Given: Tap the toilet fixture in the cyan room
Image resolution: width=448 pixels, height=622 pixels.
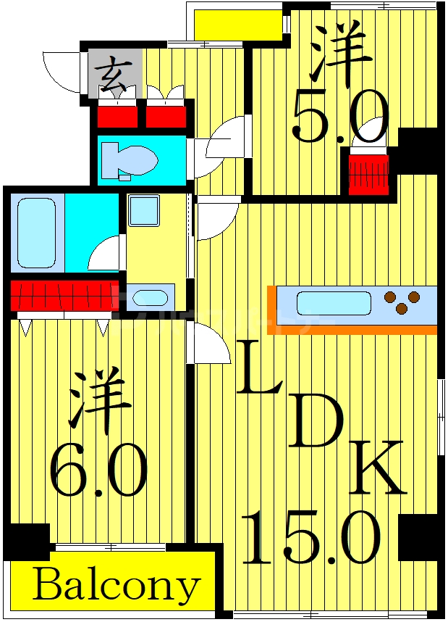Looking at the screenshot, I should coord(130,158).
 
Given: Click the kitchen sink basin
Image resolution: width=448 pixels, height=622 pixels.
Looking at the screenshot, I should coord(334,302).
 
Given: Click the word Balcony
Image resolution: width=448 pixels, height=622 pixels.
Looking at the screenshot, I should coord(116,585).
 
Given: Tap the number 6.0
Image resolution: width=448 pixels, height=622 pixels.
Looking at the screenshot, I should coord(98,472).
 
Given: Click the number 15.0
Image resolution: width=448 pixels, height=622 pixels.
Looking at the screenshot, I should coord(311,538).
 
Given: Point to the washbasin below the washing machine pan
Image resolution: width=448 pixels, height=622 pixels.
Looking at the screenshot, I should coord(151,298).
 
